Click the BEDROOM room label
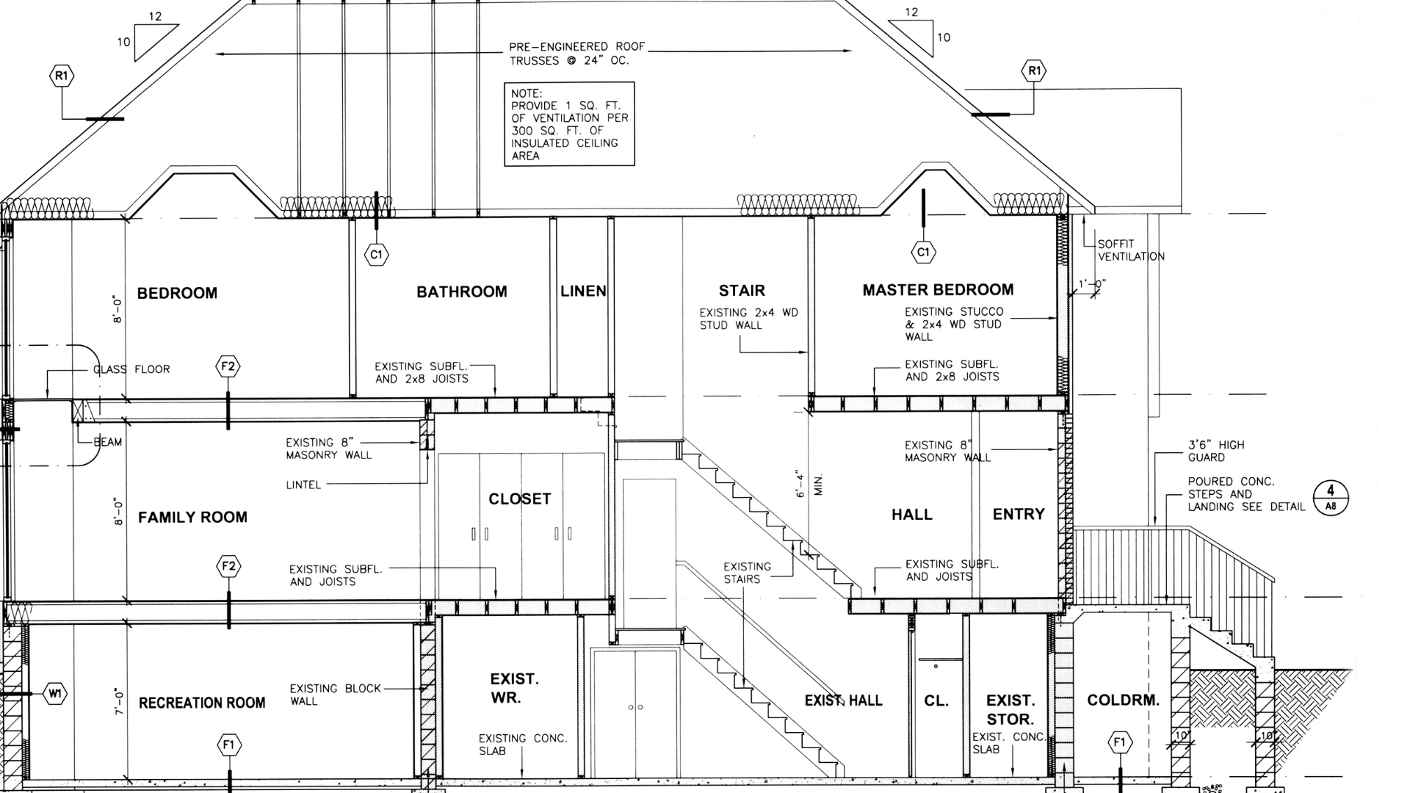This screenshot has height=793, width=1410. click(177, 293)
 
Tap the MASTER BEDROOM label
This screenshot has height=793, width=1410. click(938, 290)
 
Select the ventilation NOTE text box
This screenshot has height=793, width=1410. click(569, 124)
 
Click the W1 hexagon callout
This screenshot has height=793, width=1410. click(55, 693)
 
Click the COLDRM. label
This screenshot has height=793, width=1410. click(1123, 700)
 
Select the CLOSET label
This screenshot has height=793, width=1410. click(519, 499)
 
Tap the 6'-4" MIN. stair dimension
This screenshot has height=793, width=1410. click(809, 485)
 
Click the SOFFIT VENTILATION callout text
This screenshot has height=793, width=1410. click(1130, 250)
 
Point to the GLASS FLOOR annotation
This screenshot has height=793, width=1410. click(131, 369)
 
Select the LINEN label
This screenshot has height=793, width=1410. click(583, 292)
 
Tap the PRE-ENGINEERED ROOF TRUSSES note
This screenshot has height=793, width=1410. click(576, 54)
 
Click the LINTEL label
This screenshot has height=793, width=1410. click(303, 485)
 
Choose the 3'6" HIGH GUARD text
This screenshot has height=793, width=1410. click(1216, 451)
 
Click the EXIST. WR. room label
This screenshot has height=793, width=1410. click(514, 688)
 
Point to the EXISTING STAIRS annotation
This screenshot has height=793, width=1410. click(747, 573)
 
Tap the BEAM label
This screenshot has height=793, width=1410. click(107, 442)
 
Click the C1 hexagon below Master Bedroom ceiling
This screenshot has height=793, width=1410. click(923, 253)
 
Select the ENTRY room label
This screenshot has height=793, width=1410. click(1018, 515)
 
